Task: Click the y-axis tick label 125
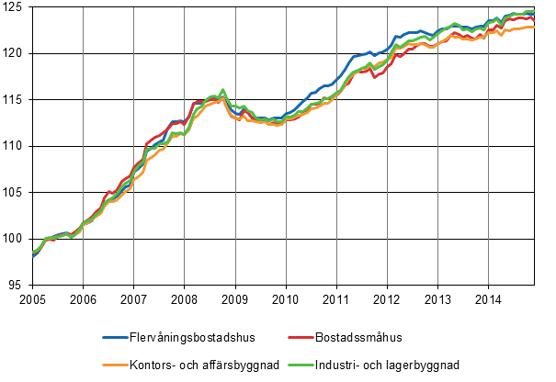tap(16, 7)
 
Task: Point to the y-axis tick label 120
tap(16, 53)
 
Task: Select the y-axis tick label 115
tap(16, 100)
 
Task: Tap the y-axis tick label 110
tap(16, 146)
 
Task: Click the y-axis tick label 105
tap(16, 193)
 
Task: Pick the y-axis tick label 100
tap(16, 239)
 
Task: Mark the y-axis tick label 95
tap(18, 286)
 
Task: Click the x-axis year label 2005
tap(32, 299)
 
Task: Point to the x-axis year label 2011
tap(336, 299)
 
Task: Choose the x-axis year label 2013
tap(437, 299)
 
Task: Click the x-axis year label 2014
tap(488, 299)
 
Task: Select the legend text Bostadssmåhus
tap(362, 339)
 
